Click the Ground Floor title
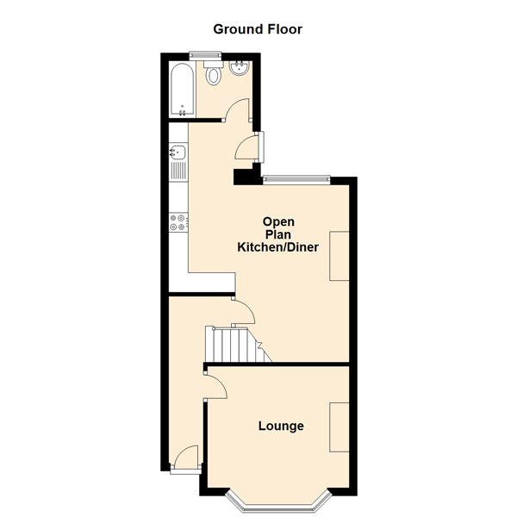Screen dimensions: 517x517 tap(258, 28)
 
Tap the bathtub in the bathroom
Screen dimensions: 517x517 tap(182, 89)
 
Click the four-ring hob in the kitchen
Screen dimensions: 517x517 tap(178, 222)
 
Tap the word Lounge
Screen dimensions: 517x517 tap(281, 426)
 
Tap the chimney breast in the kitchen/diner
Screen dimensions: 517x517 tap(340, 256)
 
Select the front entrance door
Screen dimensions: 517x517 tap(186, 458)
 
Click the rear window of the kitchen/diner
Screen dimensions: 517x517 tap(296, 179)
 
